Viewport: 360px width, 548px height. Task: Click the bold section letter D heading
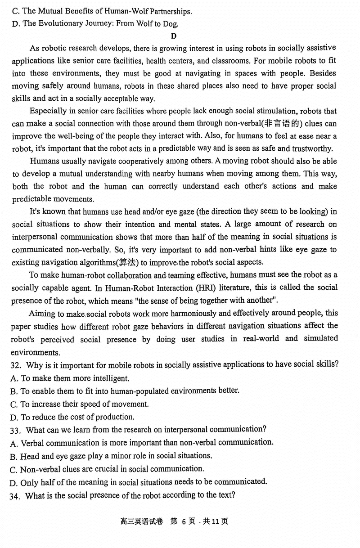pyautogui.click(x=174, y=36)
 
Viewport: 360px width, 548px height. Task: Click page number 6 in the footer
pyautogui.click(x=184, y=521)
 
